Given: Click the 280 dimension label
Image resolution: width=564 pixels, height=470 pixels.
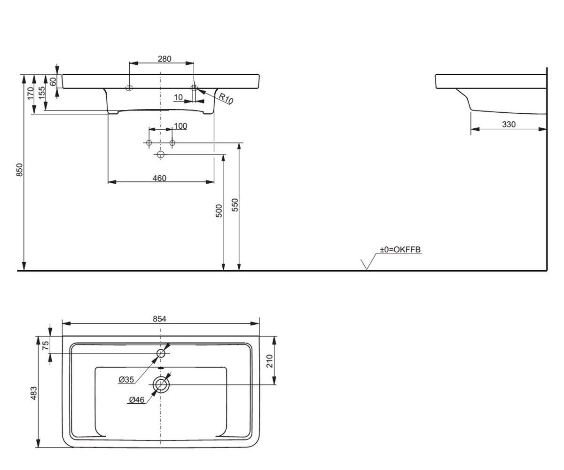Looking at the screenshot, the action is (x=164, y=59).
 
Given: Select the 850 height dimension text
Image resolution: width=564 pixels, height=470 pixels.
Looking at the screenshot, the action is (x=20, y=170).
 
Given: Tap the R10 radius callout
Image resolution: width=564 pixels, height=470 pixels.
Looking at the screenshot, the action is (x=226, y=98).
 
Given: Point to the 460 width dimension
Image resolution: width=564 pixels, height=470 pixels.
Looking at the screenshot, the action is (x=159, y=178).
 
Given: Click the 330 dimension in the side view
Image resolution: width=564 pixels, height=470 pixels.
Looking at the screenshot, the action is (x=509, y=124).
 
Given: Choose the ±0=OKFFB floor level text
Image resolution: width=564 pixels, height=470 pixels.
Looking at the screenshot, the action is (x=400, y=249).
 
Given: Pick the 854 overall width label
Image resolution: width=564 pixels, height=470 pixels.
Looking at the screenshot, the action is (x=159, y=319).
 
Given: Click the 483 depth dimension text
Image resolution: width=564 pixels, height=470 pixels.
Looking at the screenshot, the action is (x=33, y=393).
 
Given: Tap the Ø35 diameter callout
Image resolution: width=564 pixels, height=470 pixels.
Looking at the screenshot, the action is (x=126, y=379).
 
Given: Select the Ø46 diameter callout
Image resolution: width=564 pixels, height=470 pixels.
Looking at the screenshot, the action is (x=137, y=399).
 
